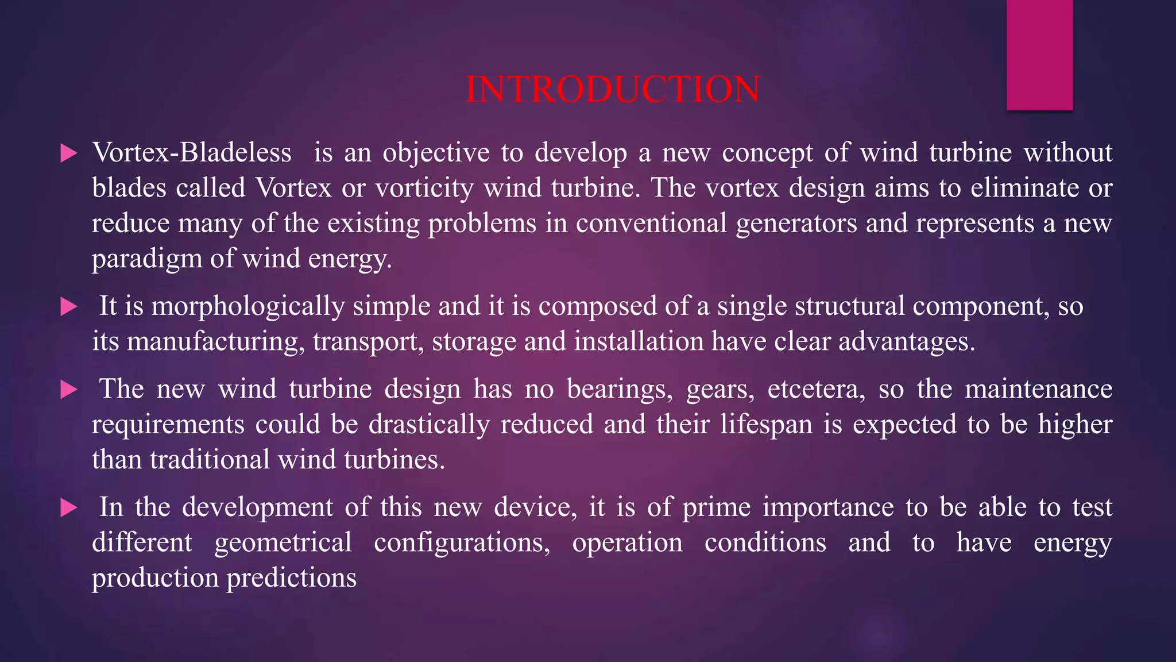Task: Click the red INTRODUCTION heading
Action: (613, 90)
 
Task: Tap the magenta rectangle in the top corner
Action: (1039, 55)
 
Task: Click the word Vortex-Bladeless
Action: (192, 153)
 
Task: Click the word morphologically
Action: (247, 306)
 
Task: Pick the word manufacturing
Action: (215, 342)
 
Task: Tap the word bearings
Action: (620, 390)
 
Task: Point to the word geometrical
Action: (283, 543)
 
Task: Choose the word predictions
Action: (291, 578)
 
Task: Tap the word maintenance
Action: (1038, 390)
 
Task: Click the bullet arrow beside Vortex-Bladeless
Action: (68, 153)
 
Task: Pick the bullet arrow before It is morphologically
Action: (68, 307)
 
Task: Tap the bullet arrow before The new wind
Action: (68, 390)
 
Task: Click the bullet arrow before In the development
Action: (68, 508)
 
